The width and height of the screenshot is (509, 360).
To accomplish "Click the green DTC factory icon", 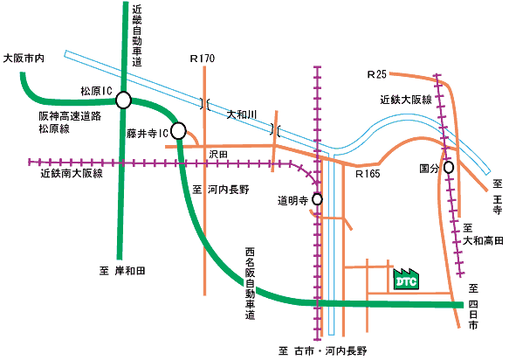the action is (406, 279).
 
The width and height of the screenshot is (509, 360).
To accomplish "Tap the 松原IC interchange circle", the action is (123, 100).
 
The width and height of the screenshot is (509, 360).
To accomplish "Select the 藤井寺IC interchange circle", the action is (178, 131).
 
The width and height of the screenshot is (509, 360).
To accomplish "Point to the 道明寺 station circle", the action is (317, 199).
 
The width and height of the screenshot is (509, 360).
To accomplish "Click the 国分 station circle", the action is (449, 168).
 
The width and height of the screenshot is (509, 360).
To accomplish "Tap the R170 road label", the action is (203, 59).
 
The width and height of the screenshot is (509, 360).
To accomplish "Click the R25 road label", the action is (376, 74).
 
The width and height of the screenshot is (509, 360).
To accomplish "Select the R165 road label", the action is (368, 174).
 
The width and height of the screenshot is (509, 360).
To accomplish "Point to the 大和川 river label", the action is (242, 114).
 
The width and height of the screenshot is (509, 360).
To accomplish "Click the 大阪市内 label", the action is (24, 59).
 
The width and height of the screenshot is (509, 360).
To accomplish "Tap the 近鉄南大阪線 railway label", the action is (72, 173).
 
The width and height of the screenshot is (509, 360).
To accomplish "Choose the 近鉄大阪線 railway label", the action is (406, 100).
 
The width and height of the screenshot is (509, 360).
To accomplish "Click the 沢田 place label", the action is (218, 154).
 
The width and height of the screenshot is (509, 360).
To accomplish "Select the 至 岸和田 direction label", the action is (122, 271).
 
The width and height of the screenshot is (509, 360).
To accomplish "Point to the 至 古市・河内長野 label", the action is (323, 351).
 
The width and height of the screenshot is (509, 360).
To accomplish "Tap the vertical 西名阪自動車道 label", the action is (250, 283).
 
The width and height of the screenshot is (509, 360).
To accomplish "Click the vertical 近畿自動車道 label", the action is (137, 36).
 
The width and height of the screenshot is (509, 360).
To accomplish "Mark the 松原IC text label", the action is (96, 91).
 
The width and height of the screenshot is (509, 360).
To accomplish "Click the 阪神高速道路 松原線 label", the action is (70, 122).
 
